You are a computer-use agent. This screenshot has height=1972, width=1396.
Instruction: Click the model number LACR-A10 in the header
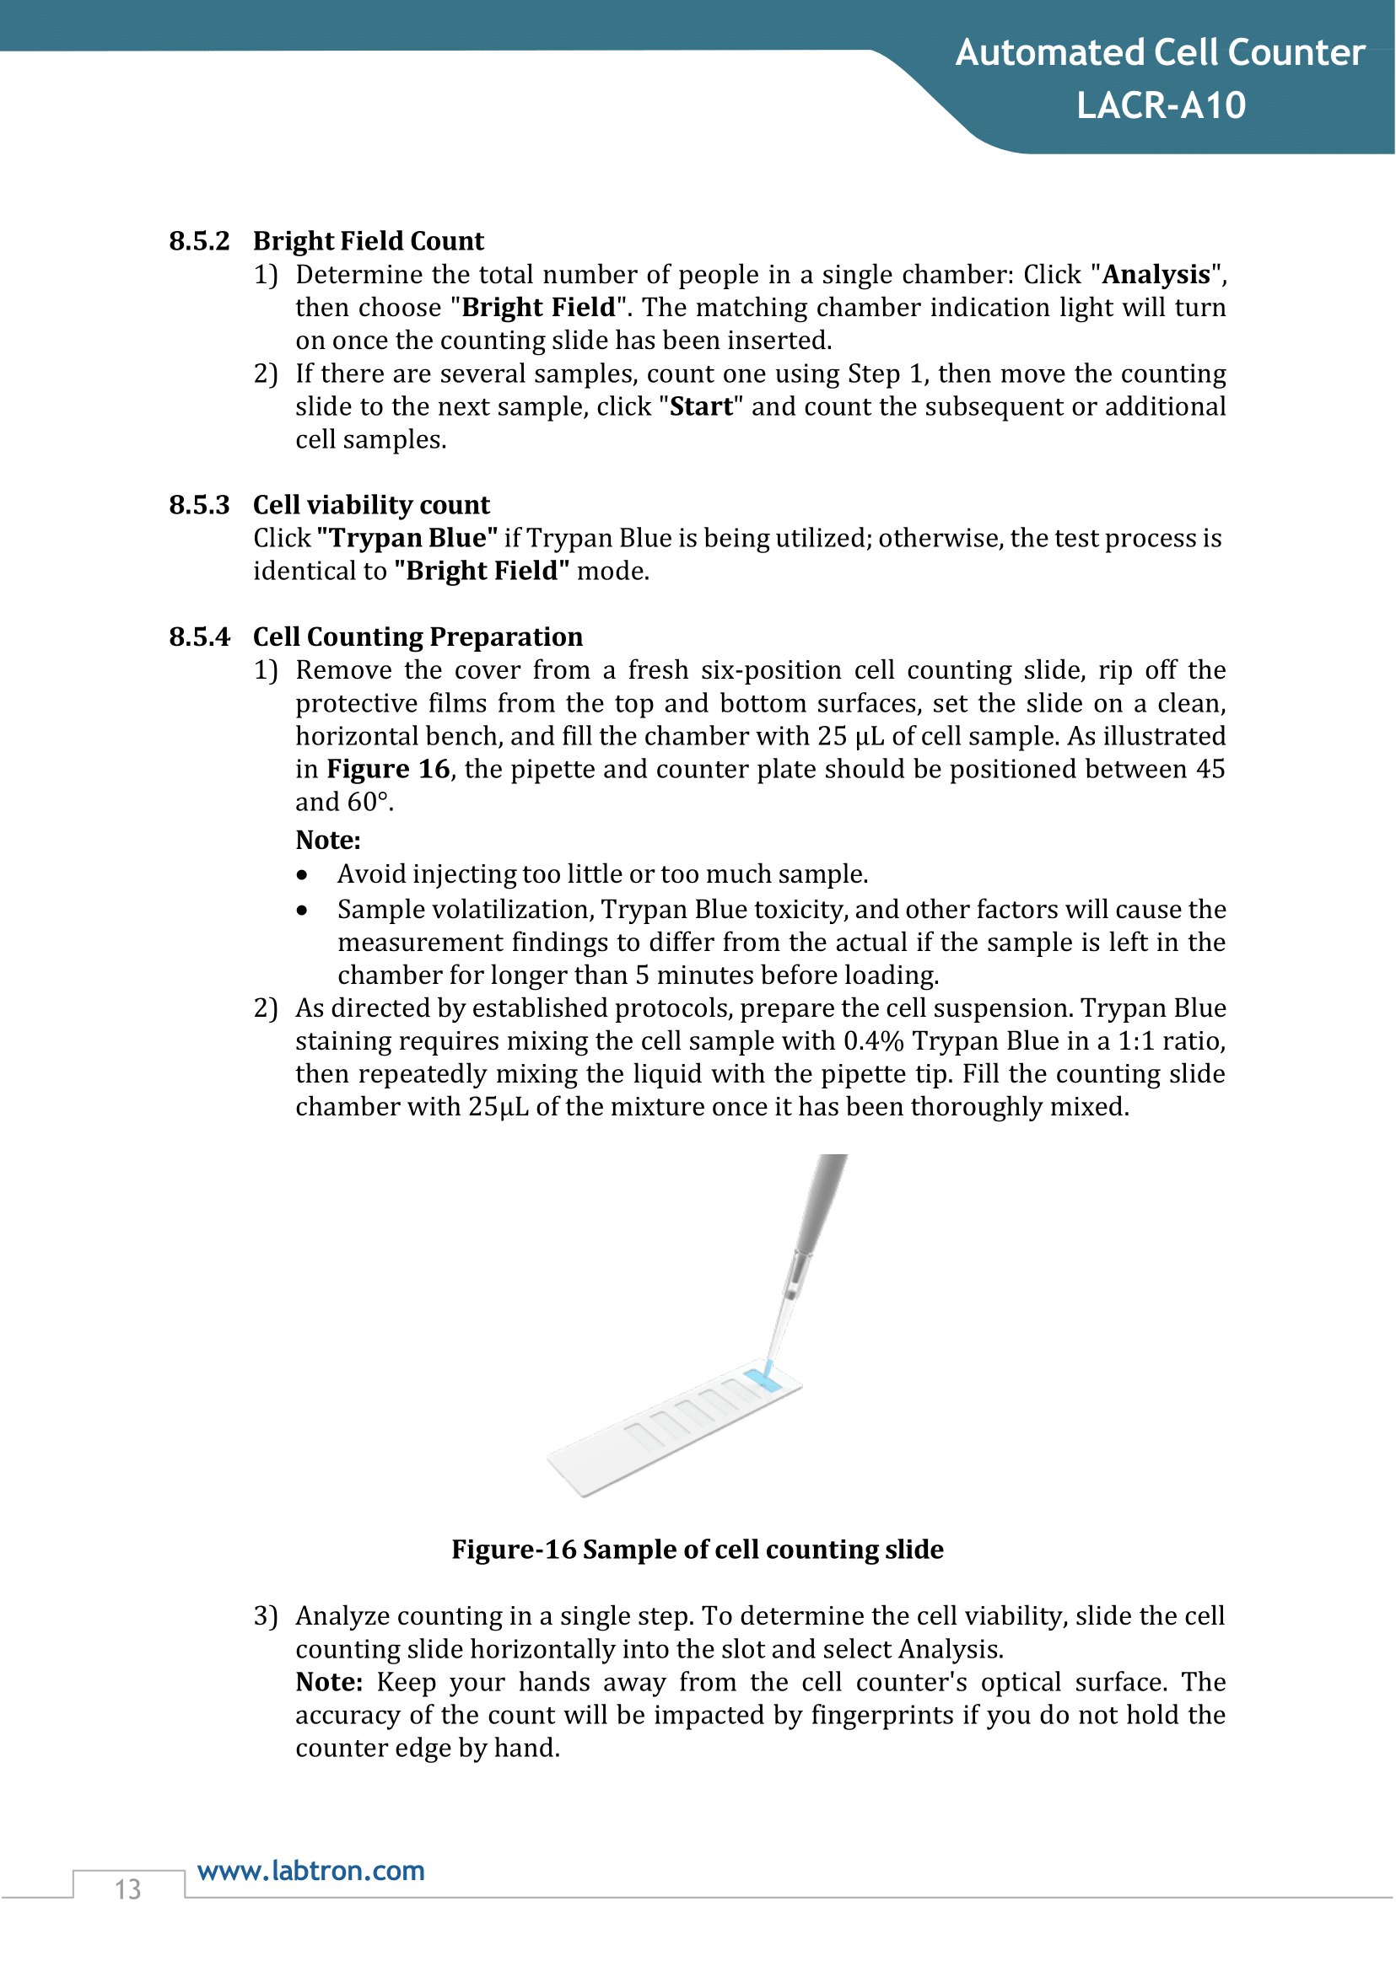click(x=1161, y=105)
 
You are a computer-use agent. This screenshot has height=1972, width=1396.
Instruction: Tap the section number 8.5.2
click(x=199, y=241)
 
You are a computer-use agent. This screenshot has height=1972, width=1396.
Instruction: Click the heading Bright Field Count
click(x=368, y=241)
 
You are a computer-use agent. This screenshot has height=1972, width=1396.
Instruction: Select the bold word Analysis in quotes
click(x=1156, y=275)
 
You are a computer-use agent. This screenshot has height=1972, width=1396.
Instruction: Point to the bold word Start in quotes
click(x=702, y=406)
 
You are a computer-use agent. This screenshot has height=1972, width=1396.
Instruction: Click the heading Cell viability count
click(x=370, y=505)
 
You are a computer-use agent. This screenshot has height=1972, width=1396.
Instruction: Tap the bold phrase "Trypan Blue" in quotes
click(x=407, y=539)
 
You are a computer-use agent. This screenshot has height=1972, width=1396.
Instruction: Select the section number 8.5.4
click(x=199, y=637)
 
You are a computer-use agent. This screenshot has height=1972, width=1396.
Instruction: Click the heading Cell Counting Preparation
click(x=418, y=637)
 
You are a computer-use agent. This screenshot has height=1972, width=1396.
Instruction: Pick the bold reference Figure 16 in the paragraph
click(x=389, y=769)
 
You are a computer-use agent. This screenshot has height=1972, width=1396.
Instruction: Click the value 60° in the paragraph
click(x=369, y=803)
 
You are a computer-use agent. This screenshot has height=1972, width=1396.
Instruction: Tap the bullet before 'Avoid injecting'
click(x=302, y=876)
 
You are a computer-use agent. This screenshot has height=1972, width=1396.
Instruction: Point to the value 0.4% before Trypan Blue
click(x=872, y=1041)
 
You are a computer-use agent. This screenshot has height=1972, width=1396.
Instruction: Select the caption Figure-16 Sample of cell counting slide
click(x=697, y=1550)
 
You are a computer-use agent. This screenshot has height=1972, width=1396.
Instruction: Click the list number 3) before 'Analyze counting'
click(x=266, y=1616)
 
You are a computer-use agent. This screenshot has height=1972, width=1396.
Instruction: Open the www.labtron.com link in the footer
click(x=311, y=1871)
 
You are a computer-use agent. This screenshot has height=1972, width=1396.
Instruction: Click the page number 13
click(x=128, y=1889)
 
